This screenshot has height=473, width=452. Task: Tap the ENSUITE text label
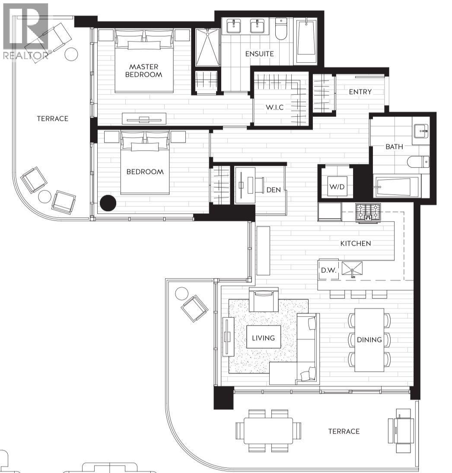point(259,54)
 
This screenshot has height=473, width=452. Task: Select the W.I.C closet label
point(274,107)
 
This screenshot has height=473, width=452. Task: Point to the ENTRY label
point(360,92)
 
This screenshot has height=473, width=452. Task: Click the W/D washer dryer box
point(336,187)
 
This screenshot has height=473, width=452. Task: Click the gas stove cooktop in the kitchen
point(369,212)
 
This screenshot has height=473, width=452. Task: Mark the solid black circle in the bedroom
point(108,203)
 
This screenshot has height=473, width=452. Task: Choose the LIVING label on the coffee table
point(263,338)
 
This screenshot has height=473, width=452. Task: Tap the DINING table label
point(369,340)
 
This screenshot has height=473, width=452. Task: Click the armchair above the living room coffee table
point(263,299)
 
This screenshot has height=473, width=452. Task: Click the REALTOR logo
point(25,30)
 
